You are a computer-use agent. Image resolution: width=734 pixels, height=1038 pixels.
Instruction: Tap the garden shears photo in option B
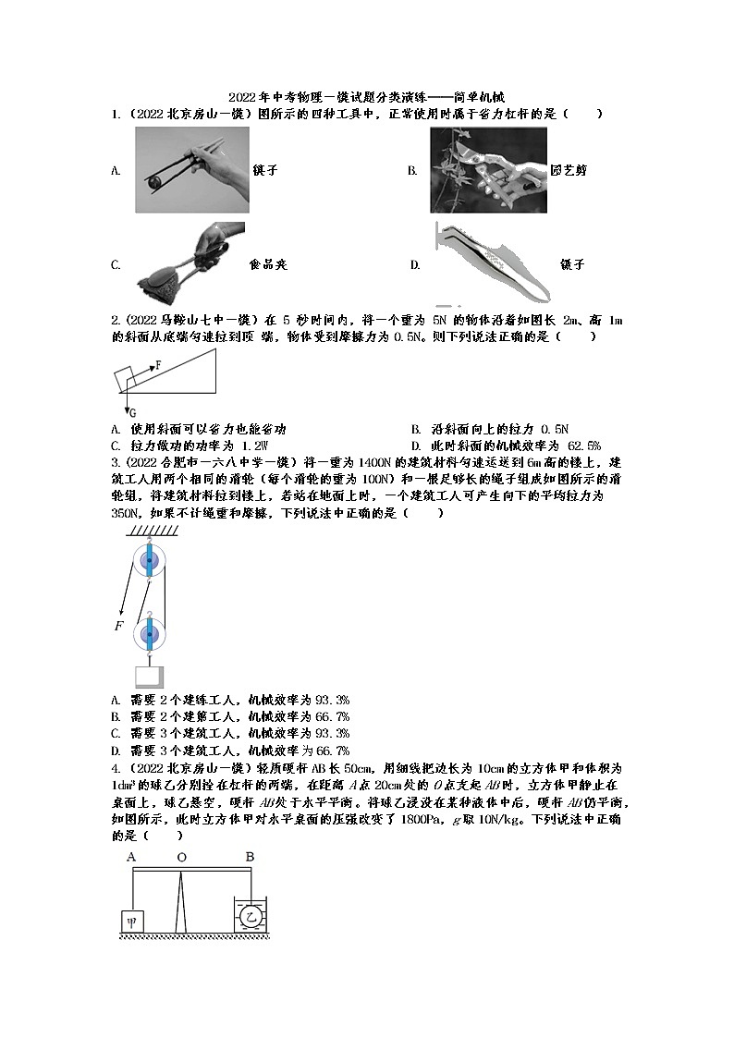(488, 170)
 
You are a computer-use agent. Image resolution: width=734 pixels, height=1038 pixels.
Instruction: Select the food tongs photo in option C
(190, 261)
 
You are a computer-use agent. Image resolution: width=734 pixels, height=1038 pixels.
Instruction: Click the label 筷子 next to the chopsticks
(265, 171)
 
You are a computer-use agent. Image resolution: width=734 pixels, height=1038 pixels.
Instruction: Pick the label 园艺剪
(568, 171)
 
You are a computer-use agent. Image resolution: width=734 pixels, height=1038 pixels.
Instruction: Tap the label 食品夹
(268, 265)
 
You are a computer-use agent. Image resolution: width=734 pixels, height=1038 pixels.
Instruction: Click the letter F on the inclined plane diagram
(158, 365)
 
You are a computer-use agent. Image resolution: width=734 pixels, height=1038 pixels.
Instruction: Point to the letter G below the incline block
(132, 412)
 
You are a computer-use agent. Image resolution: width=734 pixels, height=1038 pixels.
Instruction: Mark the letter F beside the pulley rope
(118, 627)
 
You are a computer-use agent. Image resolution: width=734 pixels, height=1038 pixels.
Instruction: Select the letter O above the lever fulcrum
(182, 858)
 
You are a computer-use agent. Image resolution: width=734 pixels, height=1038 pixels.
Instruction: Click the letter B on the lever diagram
(250, 858)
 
